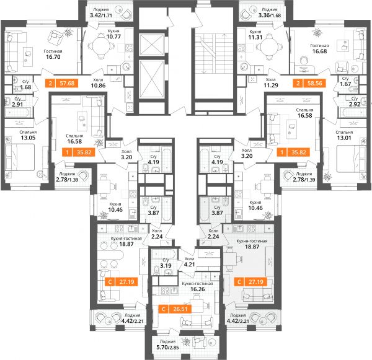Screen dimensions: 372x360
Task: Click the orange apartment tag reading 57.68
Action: click(x=61, y=83)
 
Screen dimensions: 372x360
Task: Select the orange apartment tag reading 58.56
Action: click(x=309, y=83)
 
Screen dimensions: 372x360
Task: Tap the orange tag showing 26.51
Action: click(x=175, y=309)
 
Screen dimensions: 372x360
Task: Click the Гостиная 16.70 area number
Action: click(x=53, y=57)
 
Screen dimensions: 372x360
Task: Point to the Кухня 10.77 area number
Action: click(x=113, y=37)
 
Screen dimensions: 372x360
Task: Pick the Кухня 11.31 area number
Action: click(x=255, y=37)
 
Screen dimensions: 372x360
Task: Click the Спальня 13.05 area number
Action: click(x=28, y=138)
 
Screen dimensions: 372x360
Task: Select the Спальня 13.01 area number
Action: click(x=344, y=138)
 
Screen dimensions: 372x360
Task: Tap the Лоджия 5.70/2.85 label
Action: click(x=167, y=345)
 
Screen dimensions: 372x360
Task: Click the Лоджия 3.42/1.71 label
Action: click(x=101, y=13)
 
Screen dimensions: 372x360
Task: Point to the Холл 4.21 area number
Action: click(x=189, y=264)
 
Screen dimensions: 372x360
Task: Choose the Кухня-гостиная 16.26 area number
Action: click(x=198, y=289)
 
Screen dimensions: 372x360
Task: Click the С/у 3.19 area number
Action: click(x=166, y=266)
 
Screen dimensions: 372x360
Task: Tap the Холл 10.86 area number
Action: click(x=98, y=86)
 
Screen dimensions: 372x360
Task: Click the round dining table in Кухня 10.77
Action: click(x=100, y=46)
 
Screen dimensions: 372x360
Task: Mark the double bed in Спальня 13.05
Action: click(x=20, y=157)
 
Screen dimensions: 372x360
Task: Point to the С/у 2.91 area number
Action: click(x=17, y=104)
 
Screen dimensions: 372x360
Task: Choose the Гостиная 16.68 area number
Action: click(x=319, y=51)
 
